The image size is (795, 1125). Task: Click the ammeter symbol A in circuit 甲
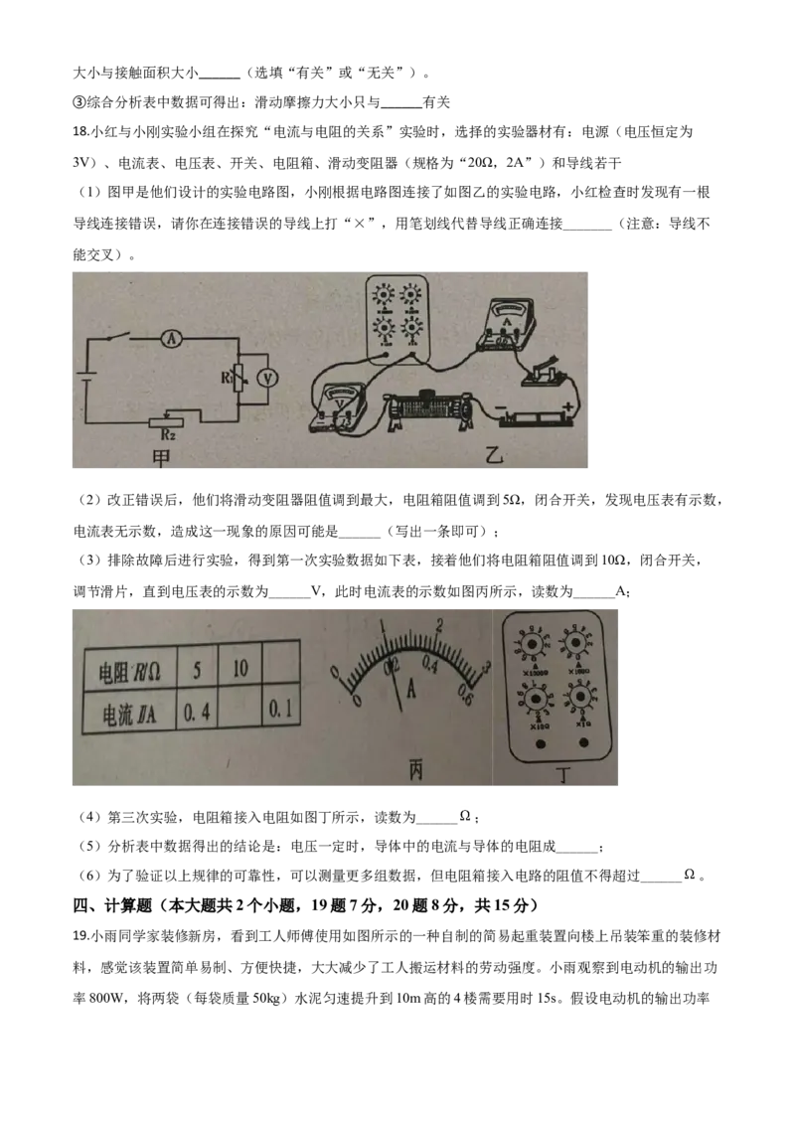[171, 339]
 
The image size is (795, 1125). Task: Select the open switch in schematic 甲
[120, 336]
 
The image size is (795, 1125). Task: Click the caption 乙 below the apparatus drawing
[494, 456]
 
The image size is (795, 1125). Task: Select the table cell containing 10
[239, 668]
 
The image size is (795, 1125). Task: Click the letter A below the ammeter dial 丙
[409, 683]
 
